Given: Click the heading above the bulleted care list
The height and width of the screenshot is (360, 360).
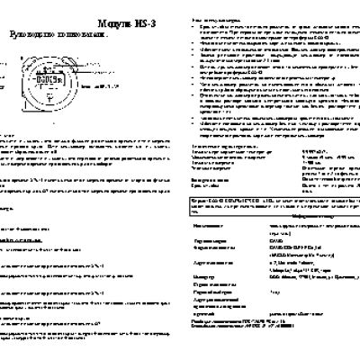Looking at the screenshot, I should coord(217,18).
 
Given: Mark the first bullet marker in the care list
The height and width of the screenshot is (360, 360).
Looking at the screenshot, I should coord(196,27).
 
